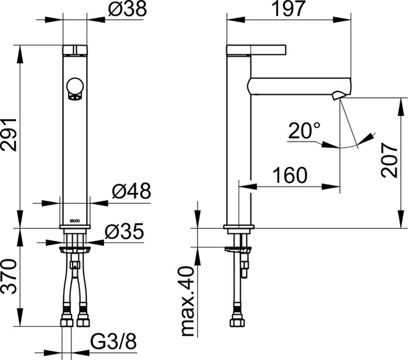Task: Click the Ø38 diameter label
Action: pyautogui.click(x=127, y=9)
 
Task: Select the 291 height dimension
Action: pyautogui.click(x=9, y=134)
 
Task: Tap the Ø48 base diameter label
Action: pyautogui.click(x=131, y=191)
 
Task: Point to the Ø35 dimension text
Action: pyautogui.click(x=124, y=231)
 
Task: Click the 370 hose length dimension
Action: pyautogui.click(x=9, y=277)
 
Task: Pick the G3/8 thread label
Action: pyautogui.click(x=113, y=341)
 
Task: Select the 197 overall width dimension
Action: pyautogui.click(x=288, y=9)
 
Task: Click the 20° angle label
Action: pyautogui.click(x=304, y=131)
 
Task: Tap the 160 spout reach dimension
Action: pyautogui.click(x=289, y=175)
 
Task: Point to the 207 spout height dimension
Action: pyautogui.click(x=390, y=160)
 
